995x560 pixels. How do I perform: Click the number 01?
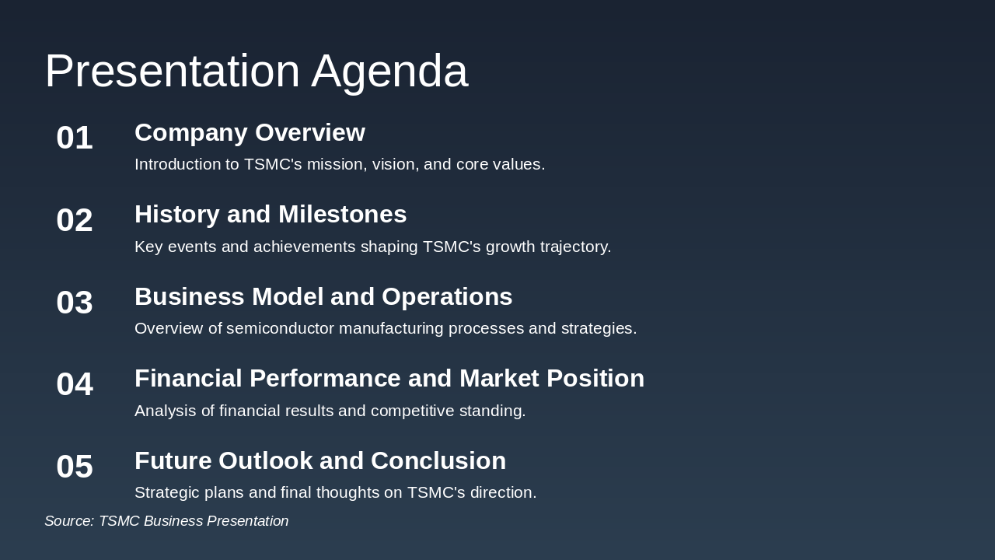pyautogui.click(x=75, y=138)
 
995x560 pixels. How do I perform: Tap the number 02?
pyautogui.click(x=75, y=220)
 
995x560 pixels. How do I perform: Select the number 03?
pyautogui.click(x=75, y=303)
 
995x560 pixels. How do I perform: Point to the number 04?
pyautogui.click(x=75, y=384)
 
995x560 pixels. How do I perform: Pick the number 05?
pyautogui.click(x=75, y=467)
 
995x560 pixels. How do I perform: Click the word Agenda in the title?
pyautogui.click(x=389, y=72)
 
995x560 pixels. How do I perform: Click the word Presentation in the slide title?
pyautogui.click(x=172, y=72)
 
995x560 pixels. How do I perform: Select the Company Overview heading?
pyautogui.click(x=250, y=133)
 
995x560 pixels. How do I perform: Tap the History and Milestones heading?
pyautogui.click(x=271, y=215)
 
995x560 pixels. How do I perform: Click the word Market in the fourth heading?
pyautogui.click(x=500, y=379)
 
